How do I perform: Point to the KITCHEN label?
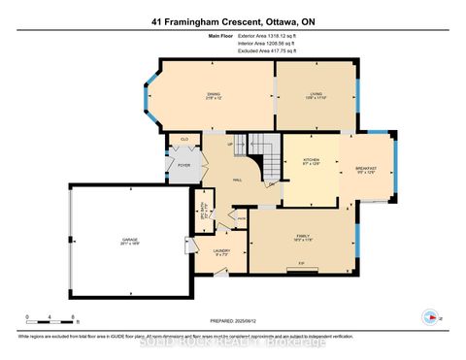coord(311,160)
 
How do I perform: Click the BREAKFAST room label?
coord(364,169)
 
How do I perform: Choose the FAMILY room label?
coord(303,237)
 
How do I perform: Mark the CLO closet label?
coord(184,140)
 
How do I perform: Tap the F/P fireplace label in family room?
coord(302,263)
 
